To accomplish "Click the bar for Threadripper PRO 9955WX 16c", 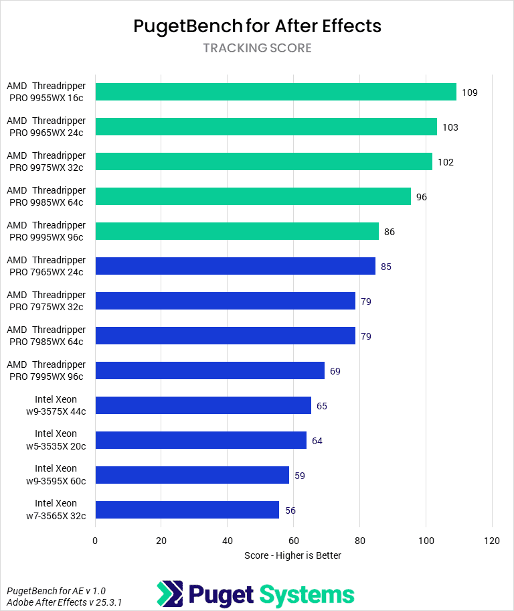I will pos(276,92).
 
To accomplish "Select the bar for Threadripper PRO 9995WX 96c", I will pos(237,231).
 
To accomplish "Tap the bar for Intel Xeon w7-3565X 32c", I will pos(187,510).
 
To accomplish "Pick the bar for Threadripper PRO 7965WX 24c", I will pos(236,266).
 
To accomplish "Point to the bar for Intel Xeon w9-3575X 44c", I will pos(203,405).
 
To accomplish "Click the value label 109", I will pos(469,92).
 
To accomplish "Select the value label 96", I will pos(422,197).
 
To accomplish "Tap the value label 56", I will pos(290,511).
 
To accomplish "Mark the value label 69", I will pos(335,371).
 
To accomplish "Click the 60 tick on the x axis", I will pos(293,541).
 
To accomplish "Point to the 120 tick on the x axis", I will pos(492,541).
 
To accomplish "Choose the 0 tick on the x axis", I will pos(96,541).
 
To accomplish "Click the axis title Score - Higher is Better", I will pos(293,555).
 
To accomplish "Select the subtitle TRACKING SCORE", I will pos(257,48).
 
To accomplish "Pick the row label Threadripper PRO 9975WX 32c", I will pos(47,161).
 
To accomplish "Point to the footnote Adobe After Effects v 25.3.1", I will pos(64,602).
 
